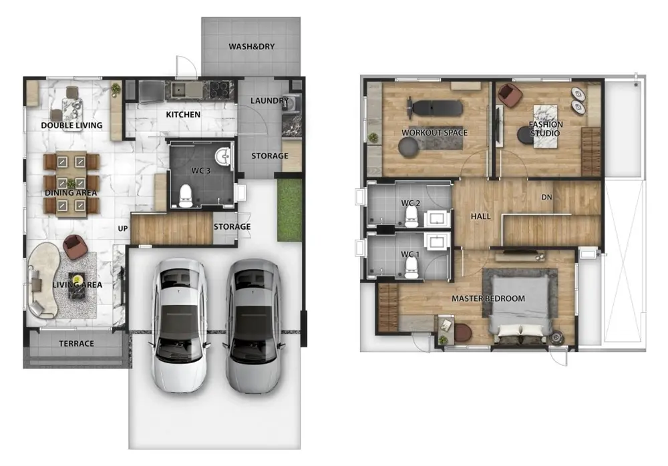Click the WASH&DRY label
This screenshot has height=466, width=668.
tap(251, 47)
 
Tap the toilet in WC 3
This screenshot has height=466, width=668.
tap(186, 196)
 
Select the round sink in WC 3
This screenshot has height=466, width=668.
tap(223, 156)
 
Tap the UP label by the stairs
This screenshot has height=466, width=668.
tap(123, 229)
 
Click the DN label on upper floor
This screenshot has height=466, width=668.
tap(546, 197)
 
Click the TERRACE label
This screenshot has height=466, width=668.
tap(76, 343)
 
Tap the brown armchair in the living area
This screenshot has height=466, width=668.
tap(75, 246)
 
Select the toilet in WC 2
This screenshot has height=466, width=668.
tap(411, 216)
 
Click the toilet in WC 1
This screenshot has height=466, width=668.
tap(411, 267)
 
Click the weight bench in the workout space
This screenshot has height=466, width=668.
tap(435, 107)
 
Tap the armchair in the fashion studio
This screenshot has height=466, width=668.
tap(510, 95)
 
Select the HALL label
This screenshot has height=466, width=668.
tap(480, 216)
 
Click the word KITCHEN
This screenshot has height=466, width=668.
tap(183, 115)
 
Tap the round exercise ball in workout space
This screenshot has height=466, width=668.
tap(408, 147)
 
